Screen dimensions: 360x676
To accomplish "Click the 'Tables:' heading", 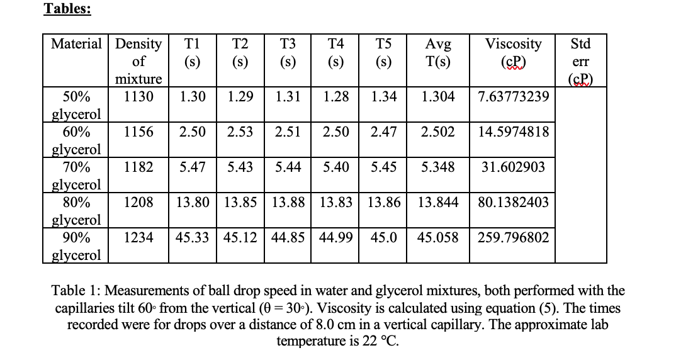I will tap(67, 9).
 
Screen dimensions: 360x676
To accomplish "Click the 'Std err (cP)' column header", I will tap(580, 62).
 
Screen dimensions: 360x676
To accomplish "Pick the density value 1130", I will tap(138, 97).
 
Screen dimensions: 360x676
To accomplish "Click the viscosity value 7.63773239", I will tap(514, 97).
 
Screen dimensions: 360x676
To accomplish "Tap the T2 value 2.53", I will tap(240, 132).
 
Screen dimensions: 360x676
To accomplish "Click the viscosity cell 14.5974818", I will tap(514, 132).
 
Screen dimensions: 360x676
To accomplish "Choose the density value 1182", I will tap(138, 167).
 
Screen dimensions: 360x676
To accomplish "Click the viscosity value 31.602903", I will tap(514, 167).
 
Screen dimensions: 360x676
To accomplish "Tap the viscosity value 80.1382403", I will tap(514, 203).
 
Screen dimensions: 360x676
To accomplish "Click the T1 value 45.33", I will tap(193, 237).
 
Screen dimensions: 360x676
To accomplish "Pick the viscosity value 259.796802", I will tap(514, 237).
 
